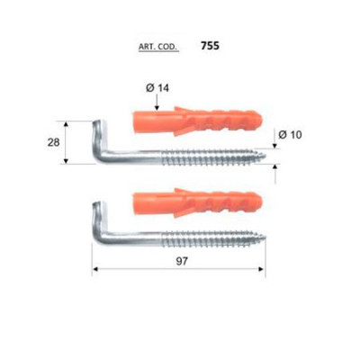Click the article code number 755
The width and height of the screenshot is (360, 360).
[210, 43]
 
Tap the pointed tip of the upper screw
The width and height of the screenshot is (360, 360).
[268, 165]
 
